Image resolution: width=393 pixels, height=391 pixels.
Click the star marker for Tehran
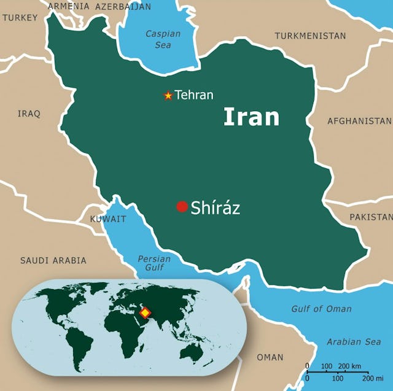tap(168, 95)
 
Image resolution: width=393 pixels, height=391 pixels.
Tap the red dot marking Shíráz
tap(182, 207)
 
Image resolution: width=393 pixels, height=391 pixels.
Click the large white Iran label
tap(251, 117)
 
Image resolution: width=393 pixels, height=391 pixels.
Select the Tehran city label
tap(194, 95)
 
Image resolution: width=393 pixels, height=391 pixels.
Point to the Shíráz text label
tap(215, 207)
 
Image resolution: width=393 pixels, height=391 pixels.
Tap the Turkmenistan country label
tap(310, 36)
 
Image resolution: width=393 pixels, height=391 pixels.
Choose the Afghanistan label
tap(359, 121)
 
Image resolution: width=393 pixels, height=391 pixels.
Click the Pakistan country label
tap(371, 217)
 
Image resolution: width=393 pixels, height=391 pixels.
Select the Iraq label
tap(29, 114)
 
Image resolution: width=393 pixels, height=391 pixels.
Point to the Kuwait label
tap(108, 219)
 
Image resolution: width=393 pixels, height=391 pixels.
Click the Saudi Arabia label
tap(53, 260)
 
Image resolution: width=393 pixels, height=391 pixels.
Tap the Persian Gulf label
tap(154, 263)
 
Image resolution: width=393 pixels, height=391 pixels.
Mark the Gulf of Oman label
tap(322, 309)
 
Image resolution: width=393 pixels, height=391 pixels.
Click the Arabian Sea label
tap(354, 342)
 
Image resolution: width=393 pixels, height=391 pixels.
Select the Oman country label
tap(270, 357)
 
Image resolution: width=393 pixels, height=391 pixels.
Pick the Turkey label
tap(20, 18)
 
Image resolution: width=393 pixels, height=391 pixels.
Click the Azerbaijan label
tap(123, 6)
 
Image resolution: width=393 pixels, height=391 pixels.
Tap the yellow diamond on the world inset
tap(145, 313)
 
